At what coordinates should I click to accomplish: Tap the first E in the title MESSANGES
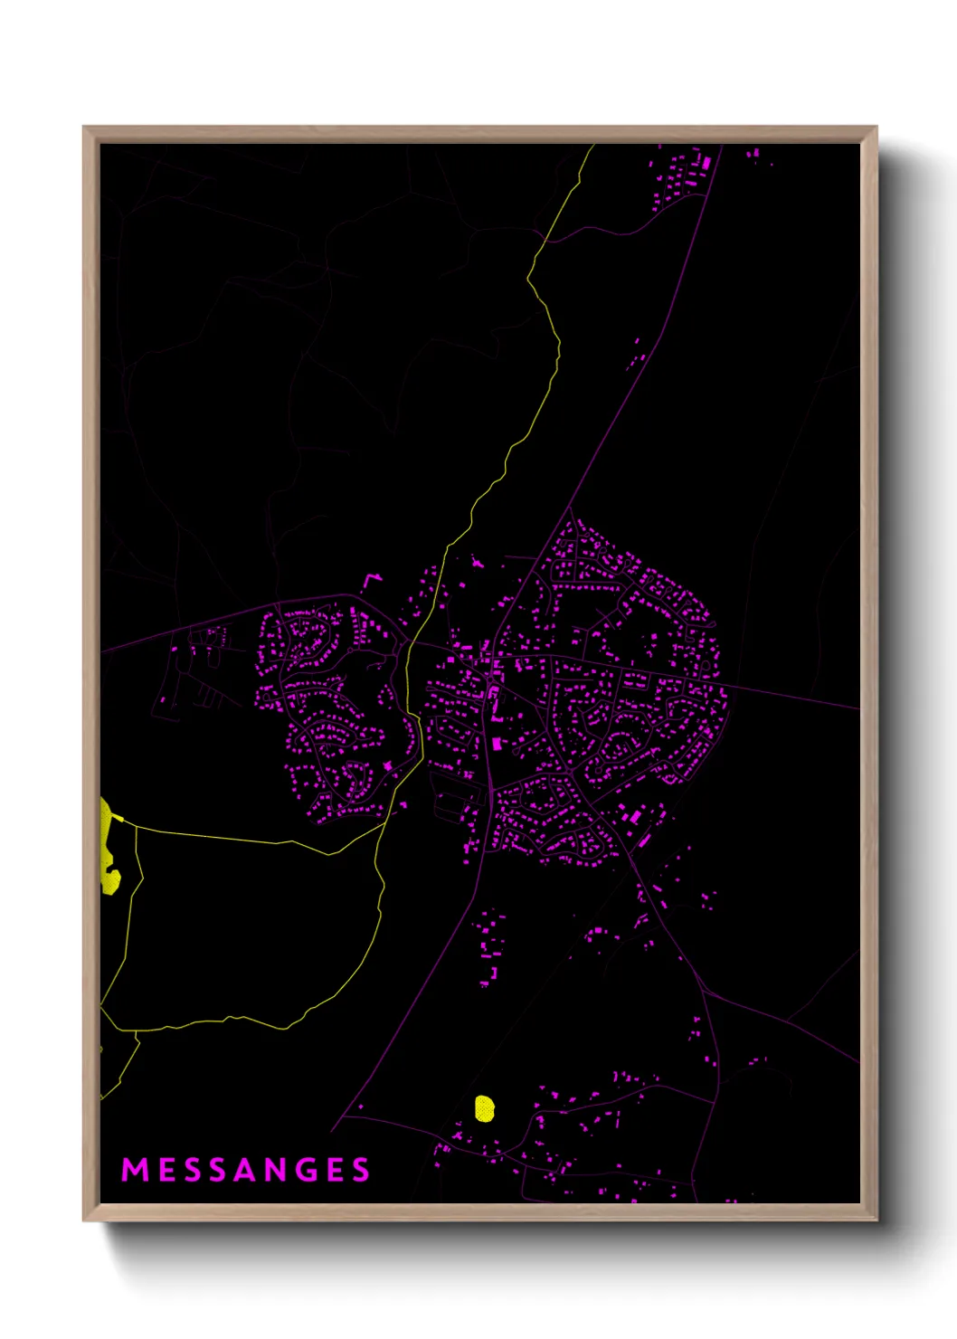pos(166,1170)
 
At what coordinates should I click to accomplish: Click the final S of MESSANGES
pos(362,1170)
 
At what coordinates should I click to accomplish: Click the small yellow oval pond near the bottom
pos(485,1108)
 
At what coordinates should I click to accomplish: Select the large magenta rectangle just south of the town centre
pos(496,744)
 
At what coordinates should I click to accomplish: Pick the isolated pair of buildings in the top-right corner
pos(753,155)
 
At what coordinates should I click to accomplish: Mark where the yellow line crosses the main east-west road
pos(411,645)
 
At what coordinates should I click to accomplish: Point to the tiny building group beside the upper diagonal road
pos(636,356)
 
